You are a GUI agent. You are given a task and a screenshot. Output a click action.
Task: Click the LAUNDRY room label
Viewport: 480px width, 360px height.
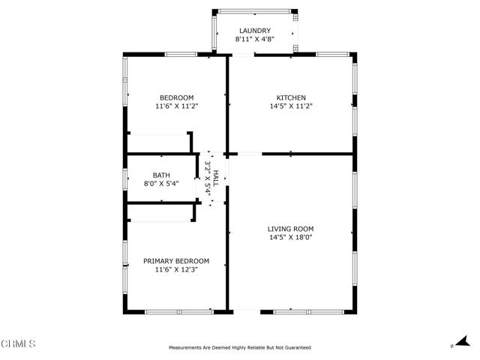255,31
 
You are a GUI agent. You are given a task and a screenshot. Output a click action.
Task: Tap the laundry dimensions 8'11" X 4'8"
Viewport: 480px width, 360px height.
255,39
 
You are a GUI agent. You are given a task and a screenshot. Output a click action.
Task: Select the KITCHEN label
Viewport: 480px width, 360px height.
291,97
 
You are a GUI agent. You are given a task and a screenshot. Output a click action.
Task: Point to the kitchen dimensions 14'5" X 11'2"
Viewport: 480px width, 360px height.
291,106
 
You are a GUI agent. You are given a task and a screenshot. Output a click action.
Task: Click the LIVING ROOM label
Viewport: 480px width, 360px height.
290,229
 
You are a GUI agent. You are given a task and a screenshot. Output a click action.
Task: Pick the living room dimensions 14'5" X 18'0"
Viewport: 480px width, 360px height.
290,237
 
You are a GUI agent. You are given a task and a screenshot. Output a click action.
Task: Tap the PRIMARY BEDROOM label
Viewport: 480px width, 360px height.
176,261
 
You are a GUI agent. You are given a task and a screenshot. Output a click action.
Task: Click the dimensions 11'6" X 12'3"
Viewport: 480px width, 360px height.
177,270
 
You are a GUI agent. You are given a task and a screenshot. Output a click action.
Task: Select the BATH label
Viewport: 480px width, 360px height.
161,175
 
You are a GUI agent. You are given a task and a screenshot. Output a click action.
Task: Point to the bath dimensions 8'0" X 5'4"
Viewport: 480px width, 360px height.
161,184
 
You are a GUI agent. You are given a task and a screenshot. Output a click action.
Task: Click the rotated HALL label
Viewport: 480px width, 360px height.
215,178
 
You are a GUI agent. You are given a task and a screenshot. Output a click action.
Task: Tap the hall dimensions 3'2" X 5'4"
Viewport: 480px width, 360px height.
208,178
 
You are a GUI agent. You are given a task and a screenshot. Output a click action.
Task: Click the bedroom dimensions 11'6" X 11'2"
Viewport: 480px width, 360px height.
177,106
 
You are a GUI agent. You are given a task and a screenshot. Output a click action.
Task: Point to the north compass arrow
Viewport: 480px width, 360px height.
463,341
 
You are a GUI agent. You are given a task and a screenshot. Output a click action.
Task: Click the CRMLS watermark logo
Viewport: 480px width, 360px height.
18,343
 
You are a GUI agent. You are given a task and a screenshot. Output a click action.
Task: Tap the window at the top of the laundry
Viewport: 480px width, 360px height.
254,11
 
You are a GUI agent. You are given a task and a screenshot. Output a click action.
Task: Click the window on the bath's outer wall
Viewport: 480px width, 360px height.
125,178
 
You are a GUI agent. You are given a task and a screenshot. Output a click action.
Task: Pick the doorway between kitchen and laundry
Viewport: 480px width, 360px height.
243,55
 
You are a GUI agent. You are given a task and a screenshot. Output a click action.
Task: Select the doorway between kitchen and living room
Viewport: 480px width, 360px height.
250,154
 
